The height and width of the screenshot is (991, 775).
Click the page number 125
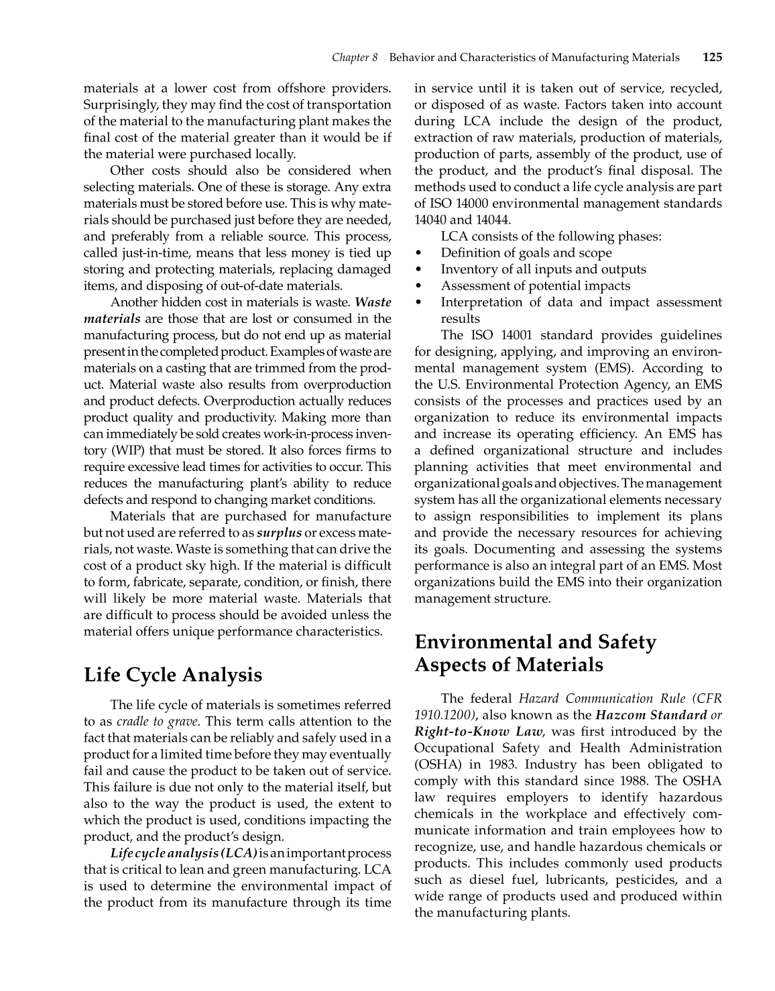tap(712, 58)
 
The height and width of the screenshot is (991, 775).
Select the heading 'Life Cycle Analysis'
tap(173, 675)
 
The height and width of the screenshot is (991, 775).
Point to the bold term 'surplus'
tap(279, 533)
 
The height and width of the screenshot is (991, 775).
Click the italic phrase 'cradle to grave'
tap(157, 722)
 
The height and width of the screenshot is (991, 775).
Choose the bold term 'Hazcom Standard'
tap(651, 715)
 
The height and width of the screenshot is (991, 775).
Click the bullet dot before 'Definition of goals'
tap(419, 253)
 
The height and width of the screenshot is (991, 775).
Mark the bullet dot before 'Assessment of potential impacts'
tap(419, 286)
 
